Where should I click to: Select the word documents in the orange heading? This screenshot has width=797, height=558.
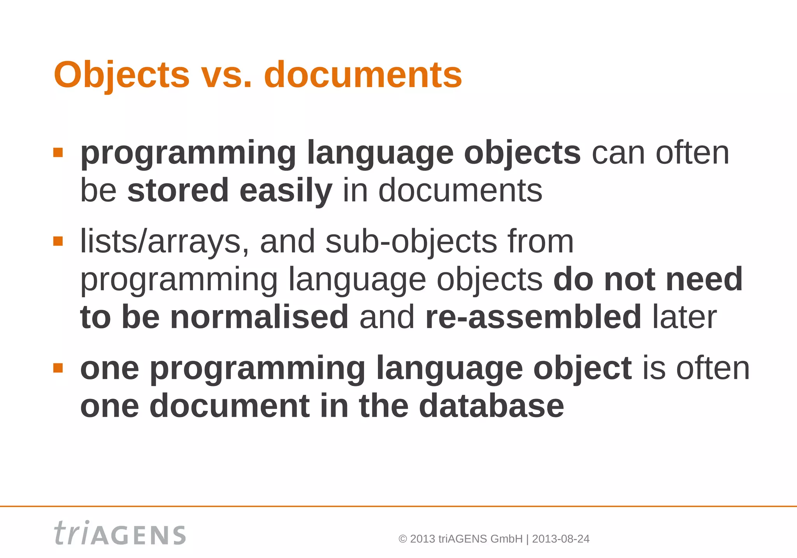pyautogui.click(x=363, y=75)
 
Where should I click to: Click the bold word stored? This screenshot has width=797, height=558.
pyautogui.click(x=178, y=190)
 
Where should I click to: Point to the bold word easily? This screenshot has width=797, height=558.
pyautogui.click(x=286, y=190)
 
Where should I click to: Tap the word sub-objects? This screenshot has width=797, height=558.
pyautogui.click(x=411, y=241)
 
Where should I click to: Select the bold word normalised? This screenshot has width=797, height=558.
pyautogui.click(x=259, y=317)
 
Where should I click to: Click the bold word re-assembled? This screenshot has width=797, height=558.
pyautogui.click(x=533, y=317)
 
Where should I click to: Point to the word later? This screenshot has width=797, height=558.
pyautogui.click(x=684, y=317)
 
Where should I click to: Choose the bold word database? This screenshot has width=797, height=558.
pyautogui.click(x=491, y=406)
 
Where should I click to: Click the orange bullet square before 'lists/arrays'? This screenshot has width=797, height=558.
pyautogui.click(x=58, y=242)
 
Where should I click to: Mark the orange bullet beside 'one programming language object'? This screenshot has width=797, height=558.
pyautogui.click(x=58, y=368)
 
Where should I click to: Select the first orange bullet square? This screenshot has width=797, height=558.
pyautogui.click(x=58, y=153)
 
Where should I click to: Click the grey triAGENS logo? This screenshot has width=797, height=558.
pyautogui.click(x=120, y=533)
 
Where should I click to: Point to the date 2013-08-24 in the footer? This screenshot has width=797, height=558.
pyautogui.click(x=560, y=539)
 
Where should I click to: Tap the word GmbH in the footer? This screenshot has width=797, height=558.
pyautogui.click(x=506, y=539)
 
